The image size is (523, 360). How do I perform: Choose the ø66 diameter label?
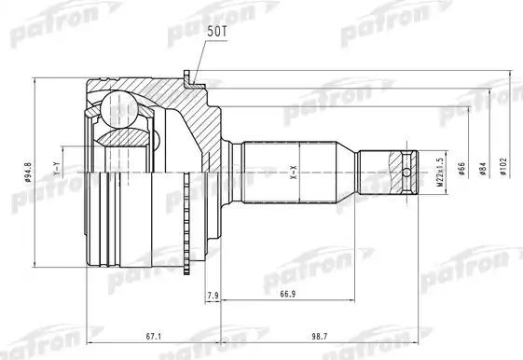pyautogui.click(x=463, y=172)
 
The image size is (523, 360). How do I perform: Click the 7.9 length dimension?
pyautogui.click(x=212, y=296)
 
